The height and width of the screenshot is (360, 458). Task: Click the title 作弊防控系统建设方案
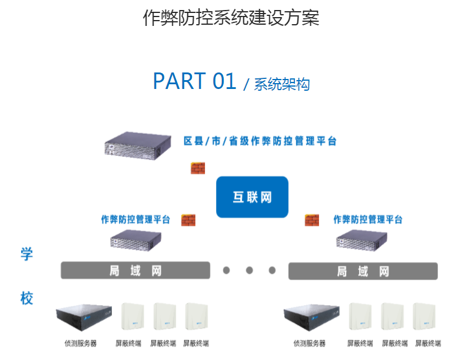tap(231, 18)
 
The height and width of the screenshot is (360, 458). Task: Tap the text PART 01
tap(194, 81)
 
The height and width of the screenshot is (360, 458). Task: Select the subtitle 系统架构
tap(281, 84)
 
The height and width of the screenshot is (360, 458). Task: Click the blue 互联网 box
tap(252, 197)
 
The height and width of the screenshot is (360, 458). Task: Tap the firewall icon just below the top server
tap(197, 167)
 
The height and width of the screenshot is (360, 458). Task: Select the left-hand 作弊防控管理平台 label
tap(135, 220)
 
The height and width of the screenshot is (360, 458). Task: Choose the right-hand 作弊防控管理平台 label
tap(368, 220)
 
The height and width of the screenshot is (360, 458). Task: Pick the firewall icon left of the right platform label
tap(311, 220)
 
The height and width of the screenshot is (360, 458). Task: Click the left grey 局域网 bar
tap(135, 270)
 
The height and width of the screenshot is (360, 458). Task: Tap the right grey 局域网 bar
tap(363, 271)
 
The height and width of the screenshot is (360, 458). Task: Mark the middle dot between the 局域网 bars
tap(249, 270)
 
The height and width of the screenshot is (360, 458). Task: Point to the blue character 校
tap(26, 298)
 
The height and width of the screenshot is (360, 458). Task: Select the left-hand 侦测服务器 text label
tap(80, 343)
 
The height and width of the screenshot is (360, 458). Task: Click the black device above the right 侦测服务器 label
tap(311, 319)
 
